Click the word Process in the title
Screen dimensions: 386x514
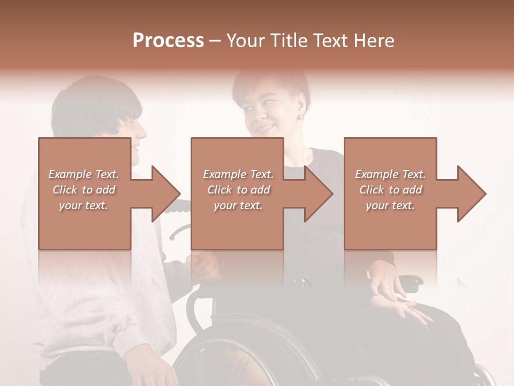click(168, 41)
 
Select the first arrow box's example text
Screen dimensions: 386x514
click(84, 189)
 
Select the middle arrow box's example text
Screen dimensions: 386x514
click(238, 189)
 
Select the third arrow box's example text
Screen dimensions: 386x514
click(390, 189)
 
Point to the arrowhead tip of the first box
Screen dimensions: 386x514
click(180, 194)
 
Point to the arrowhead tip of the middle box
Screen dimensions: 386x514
click(332, 194)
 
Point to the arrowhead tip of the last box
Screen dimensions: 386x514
click(485, 194)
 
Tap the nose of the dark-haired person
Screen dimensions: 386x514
click(143, 130)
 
